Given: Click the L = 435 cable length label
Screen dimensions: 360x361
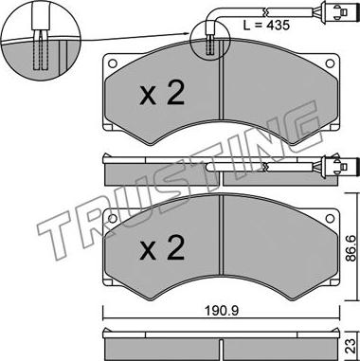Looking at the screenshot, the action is [x=266, y=25].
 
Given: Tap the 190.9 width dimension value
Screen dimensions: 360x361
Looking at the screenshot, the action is [x=222, y=311].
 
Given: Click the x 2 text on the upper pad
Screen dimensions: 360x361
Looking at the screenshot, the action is [x=162, y=94].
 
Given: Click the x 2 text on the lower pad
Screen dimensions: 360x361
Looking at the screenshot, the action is [x=162, y=248].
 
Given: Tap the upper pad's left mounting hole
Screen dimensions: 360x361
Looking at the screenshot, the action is [x=113, y=63].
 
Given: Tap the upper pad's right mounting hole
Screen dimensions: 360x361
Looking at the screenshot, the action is [x=330, y=63].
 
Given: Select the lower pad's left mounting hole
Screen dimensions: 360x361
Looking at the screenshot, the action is [x=113, y=218].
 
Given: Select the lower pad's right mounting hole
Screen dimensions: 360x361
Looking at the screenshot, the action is [x=330, y=218].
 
